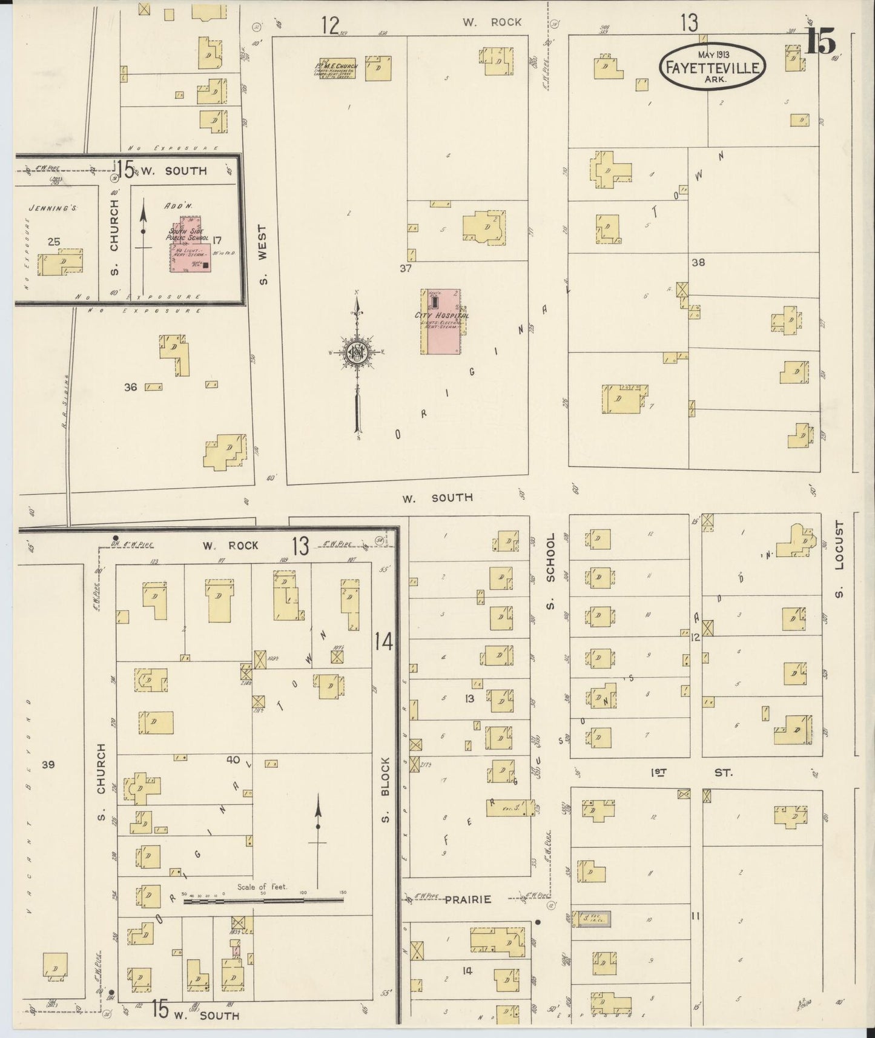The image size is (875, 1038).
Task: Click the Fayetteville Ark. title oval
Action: pos(712,67)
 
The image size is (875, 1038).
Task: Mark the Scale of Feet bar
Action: pos(263,901)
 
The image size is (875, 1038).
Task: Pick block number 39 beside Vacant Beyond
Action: pos(48,765)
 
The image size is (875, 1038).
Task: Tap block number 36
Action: pos(130,387)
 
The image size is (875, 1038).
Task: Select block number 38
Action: pos(698,263)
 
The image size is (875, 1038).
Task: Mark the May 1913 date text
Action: pos(712,54)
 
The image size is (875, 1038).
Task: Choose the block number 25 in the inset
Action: pos(54,242)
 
